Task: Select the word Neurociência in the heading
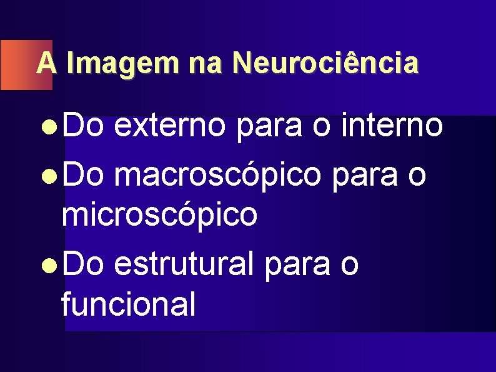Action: pyautogui.click(x=324, y=64)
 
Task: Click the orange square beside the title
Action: pyautogui.click(x=17, y=65)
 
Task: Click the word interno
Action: pyautogui.click(x=394, y=128)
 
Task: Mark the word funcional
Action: pyautogui.click(x=128, y=304)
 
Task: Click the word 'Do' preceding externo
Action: pyautogui.click(x=84, y=128)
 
